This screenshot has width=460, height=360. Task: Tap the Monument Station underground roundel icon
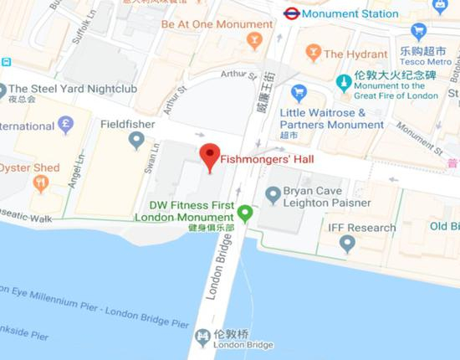[x=292, y=13]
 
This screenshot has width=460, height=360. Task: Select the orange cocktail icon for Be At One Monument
[x=255, y=40]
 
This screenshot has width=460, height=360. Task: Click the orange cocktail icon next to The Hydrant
[x=314, y=53]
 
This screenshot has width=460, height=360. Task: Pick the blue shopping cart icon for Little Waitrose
[x=299, y=93]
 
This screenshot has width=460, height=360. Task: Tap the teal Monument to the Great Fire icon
[x=343, y=81]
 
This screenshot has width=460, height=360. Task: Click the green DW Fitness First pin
[x=244, y=213]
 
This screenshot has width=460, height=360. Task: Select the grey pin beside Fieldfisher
[x=136, y=139]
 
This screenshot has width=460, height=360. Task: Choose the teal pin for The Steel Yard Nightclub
[x=3, y=89]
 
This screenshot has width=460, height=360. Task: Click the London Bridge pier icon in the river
[x=202, y=337]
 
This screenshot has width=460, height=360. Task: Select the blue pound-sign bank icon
[x=65, y=125]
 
